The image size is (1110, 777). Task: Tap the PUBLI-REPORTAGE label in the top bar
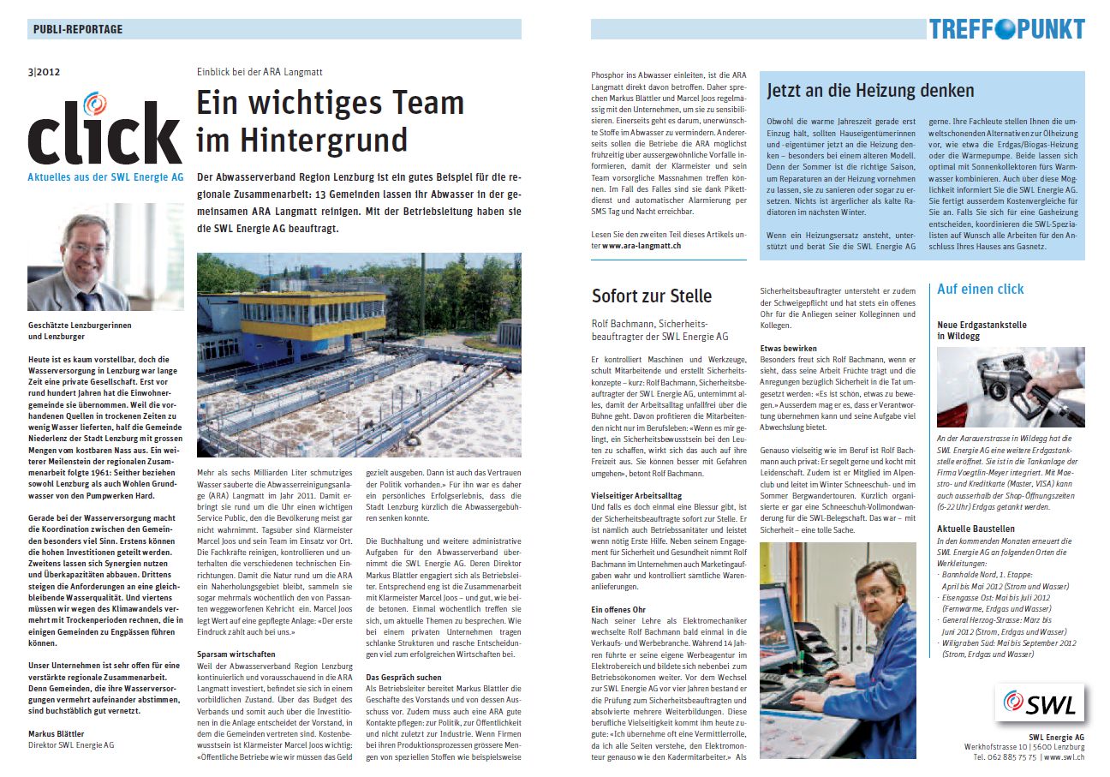(x=78, y=29)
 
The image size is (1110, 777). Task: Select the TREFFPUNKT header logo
(x=1006, y=29)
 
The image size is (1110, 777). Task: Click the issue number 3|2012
(x=44, y=73)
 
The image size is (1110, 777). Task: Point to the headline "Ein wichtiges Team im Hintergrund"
(x=330, y=121)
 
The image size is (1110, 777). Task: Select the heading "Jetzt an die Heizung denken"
(x=870, y=91)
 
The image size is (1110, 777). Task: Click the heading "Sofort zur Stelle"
(x=651, y=296)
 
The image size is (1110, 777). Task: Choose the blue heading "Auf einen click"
(x=980, y=290)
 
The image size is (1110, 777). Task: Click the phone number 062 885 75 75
(x=1004, y=758)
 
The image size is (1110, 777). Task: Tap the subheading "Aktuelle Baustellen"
(x=976, y=529)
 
